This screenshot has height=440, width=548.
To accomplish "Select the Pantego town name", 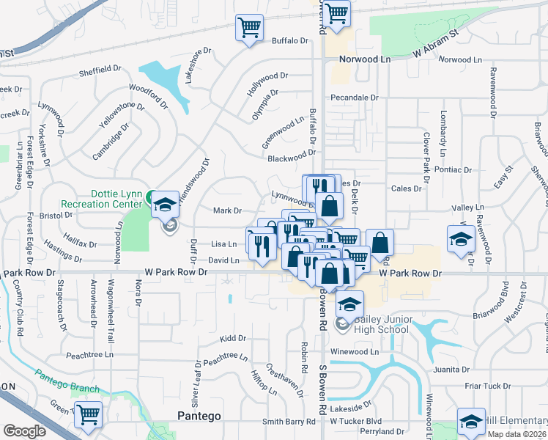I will pyautogui.click(x=199, y=416).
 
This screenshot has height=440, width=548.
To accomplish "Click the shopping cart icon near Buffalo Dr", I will pyautogui.click(x=249, y=29).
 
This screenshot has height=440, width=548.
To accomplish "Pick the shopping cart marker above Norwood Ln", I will pyautogui.click(x=336, y=13).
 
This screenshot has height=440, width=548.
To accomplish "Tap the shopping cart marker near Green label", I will pyautogui.click(x=88, y=414).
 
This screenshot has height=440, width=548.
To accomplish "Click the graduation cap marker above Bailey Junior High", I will pyautogui.click(x=350, y=303).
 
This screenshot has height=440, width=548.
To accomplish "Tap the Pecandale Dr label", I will pyautogui.click(x=354, y=97).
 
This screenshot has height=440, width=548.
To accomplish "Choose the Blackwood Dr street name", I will pyautogui.click(x=291, y=158).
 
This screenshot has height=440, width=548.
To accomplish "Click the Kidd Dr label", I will pyautogui.click(x=232, y=339).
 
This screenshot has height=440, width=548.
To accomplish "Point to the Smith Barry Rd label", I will pyautogui.click(x=294, y=422).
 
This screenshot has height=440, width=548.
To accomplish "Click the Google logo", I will pyautogui.click(x=24, y=431).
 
